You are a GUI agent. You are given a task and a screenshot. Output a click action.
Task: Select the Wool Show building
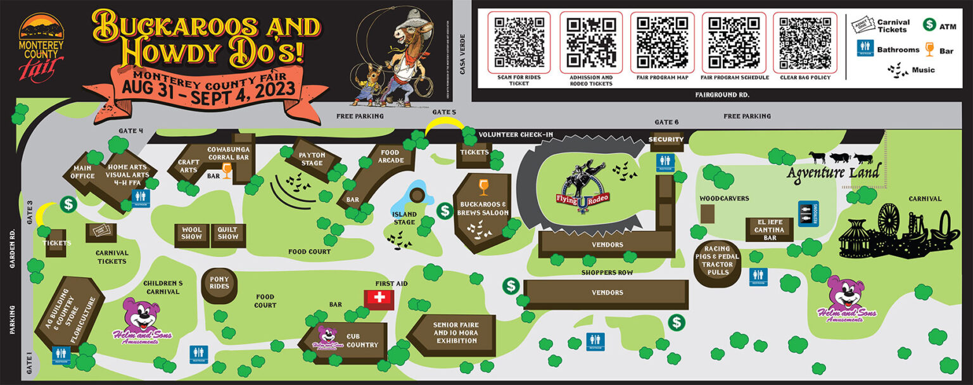click(192, 234)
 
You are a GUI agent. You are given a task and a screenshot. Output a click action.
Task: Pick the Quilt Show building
click(228, 234)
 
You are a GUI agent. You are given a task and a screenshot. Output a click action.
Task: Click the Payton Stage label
click(312, 159)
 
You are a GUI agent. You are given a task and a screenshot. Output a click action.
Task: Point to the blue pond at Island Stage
click(417, 192)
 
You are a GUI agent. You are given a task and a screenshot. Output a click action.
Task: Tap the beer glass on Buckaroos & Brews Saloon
click(484, 186)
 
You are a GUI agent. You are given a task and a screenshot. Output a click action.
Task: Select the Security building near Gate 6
click(666, 140)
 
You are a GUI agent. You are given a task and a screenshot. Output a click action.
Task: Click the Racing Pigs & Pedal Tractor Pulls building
click(716, 261)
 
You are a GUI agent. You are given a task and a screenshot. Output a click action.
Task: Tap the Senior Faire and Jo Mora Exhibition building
click(455, 333)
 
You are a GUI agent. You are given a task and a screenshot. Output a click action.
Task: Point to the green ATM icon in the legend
click(929, 25)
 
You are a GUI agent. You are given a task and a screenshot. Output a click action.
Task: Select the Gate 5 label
click(445, 112)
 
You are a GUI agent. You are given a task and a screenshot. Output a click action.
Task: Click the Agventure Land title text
click(834, 173)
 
